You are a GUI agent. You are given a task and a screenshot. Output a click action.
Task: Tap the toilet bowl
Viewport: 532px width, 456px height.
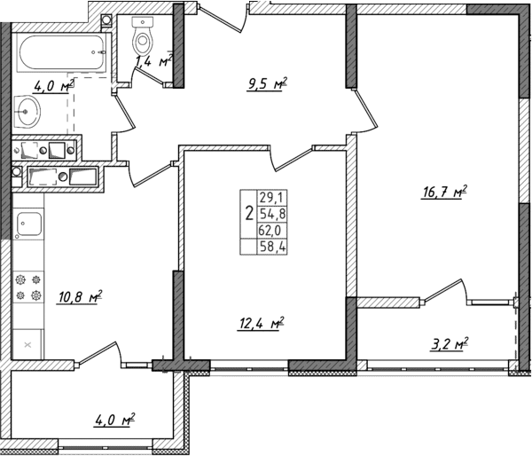[x=142, y=37]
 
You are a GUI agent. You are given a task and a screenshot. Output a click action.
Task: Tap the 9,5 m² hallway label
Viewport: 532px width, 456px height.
[x=267, y=87]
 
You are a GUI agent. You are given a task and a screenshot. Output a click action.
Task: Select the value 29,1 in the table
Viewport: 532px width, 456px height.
[x=268, y=198]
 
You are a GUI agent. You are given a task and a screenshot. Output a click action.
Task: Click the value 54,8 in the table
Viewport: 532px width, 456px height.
[x=268, y=214]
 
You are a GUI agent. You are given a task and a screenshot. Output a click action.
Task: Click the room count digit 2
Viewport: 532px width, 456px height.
[x=247, y=214]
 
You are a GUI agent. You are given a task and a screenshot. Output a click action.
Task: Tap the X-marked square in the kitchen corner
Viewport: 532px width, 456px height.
[x=28, y=343]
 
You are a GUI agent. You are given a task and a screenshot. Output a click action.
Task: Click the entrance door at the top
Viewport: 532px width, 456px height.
[x=232, y=12]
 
